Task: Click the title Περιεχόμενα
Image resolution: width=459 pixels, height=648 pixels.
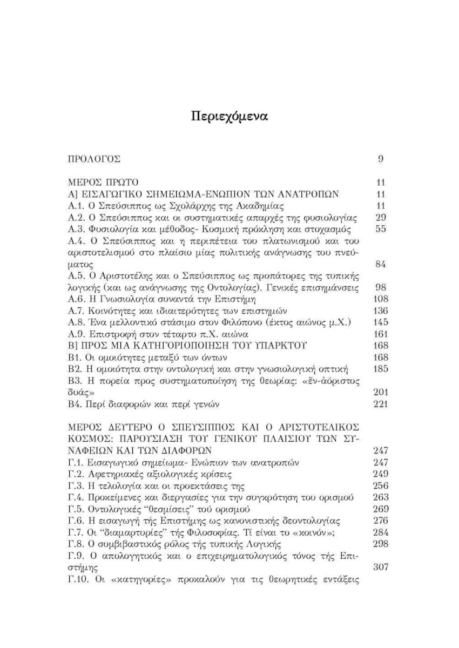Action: (x=230, y=116)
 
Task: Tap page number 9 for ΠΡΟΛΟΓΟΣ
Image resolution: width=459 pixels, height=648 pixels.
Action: (x=381, y=159)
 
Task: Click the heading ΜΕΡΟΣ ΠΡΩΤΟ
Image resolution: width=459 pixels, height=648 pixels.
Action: (x=103, y=183)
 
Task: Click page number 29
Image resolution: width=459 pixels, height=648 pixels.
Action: (x=381, y=218)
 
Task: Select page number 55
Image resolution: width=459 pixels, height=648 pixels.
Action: (x=381, y=230)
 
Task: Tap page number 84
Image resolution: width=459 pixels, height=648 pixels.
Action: (x=381, y=265)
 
